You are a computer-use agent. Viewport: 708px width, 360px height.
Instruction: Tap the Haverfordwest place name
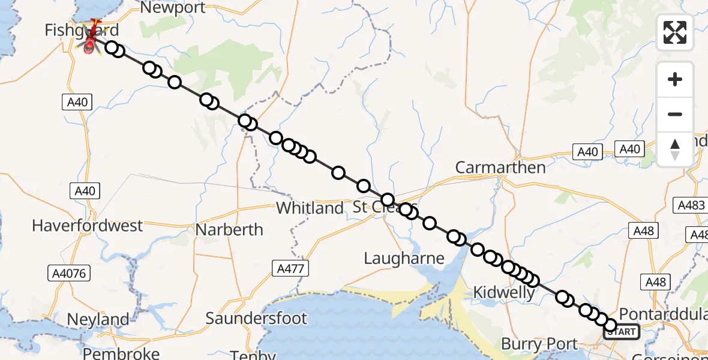(88, 226)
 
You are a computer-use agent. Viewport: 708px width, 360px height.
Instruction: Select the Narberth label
(230, 230)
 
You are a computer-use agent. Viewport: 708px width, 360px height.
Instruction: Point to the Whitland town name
(310, 208)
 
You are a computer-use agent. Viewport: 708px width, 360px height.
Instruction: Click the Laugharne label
(404, 259)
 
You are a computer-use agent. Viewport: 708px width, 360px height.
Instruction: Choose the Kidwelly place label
(504, 293)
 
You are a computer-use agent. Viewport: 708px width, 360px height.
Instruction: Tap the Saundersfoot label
(256, 318)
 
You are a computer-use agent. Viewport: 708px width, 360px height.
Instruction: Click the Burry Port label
(539, 344)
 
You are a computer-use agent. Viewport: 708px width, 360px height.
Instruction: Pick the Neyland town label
(98, 320)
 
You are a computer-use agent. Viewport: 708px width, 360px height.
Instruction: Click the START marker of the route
(622, 332)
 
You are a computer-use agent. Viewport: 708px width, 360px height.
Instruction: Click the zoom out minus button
(675, 114)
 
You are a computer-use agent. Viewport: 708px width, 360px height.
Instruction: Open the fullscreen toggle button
(675, 32)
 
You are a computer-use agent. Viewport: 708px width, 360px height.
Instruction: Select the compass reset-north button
(675, 148)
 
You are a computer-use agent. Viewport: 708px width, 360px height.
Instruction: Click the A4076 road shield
(68, 274)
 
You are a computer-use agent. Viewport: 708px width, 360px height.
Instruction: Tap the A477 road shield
(290, 268)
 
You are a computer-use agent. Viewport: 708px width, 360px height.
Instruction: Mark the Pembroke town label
(121, 353)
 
